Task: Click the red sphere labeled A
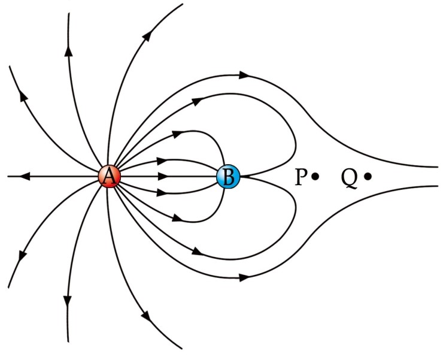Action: tap(110, 177)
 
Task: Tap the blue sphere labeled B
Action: tap(229, 177)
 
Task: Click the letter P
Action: tap(301, 177)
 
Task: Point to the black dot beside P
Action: tap(315, 176)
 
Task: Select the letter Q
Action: tap(350, 177)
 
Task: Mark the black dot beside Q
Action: tap(367, 176)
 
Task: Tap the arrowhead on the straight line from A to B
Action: tap(164, 177)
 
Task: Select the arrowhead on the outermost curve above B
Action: tap(244, 75)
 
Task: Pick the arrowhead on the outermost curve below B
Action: tap(244, 278)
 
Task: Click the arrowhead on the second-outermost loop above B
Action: tap(198, 102)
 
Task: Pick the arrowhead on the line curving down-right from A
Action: tap(145, 316)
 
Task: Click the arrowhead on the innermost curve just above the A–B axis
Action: tap(162, 161)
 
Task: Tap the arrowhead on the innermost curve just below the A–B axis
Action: tap(162, 192)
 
